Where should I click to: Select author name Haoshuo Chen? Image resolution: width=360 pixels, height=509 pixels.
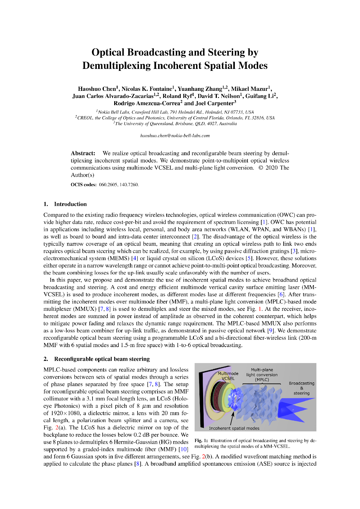97,89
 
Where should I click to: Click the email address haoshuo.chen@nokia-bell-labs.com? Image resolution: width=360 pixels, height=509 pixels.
175,136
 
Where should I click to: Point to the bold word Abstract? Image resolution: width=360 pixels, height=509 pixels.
83,153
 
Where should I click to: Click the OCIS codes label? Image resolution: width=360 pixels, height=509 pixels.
84,185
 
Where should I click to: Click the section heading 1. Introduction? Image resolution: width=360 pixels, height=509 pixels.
65,204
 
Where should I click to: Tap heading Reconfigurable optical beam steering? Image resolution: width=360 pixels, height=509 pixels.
102,359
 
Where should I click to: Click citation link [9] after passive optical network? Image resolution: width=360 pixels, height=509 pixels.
270,331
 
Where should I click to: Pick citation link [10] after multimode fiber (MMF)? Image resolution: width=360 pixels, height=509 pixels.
184,449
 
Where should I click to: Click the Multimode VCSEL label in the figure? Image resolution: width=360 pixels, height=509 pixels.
228,376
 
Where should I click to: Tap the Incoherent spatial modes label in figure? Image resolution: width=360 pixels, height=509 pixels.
234,428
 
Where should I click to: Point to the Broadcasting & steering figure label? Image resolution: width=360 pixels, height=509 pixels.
301,388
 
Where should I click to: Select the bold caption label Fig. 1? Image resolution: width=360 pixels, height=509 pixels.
201,441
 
